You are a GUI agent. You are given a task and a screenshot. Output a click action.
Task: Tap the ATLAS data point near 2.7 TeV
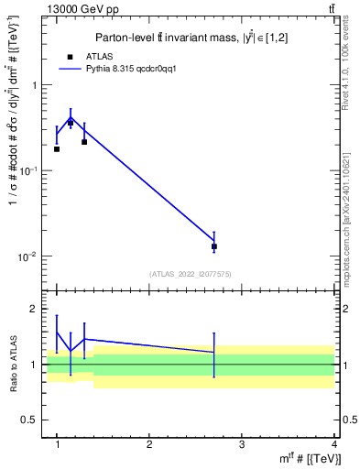(214, 246)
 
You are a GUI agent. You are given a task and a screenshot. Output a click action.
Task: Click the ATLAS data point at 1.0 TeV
(57, 148)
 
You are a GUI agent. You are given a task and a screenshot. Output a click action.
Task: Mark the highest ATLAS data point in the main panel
(71, 123)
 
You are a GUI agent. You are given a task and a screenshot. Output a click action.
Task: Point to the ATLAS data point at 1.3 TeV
(84, 142)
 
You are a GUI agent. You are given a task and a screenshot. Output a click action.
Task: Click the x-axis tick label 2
(149, 444)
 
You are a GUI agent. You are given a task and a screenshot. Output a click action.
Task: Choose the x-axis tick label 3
(242, 444)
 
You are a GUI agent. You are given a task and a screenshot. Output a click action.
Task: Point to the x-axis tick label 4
(334, 444)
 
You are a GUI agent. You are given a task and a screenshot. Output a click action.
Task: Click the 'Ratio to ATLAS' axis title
(13, 364)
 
